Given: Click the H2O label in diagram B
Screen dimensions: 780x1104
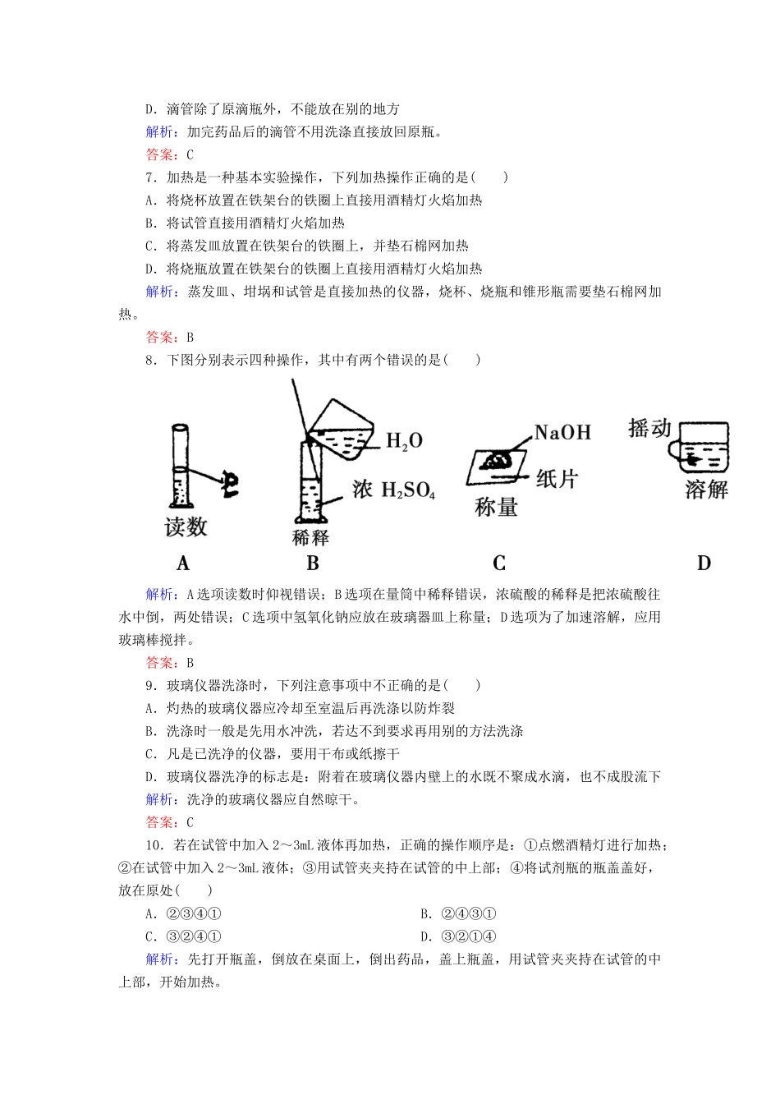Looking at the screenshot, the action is [404, 441].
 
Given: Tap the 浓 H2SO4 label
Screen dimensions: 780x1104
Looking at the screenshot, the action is [393, 490].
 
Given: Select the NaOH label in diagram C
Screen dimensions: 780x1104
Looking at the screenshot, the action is [562, 432].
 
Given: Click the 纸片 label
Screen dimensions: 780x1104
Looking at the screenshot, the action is [557, 479].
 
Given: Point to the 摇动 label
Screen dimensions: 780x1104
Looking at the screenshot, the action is [649, 428].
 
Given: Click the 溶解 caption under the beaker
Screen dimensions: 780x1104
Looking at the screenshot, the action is [706, 490].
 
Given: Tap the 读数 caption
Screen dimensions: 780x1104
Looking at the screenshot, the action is [186, 527].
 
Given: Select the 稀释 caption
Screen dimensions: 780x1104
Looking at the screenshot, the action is [310, 538].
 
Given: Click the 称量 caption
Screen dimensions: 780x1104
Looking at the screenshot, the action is [496, 508].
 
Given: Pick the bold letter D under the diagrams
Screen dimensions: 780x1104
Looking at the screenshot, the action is [704, 563].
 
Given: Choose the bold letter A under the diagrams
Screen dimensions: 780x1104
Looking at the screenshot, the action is [183, 563].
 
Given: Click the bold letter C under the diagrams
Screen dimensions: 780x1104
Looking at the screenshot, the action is [498, 563].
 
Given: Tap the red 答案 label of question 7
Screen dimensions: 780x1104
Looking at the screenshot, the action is [162, 337].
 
